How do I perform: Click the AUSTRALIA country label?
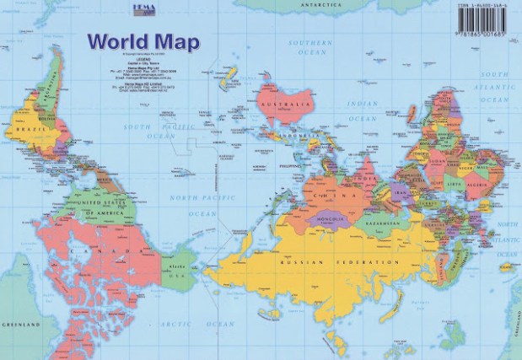(284, 105)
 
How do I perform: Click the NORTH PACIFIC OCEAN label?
(202, 207)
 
